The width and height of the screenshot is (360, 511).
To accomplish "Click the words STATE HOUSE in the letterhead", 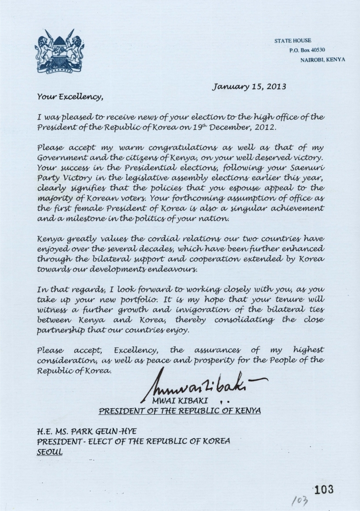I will tap(293, 41).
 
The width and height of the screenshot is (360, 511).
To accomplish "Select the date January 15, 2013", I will tap(249, 86).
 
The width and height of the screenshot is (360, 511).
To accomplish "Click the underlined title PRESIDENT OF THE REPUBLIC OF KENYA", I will tap(180, 411).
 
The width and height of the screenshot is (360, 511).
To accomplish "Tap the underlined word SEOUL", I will tap(50, 451).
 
